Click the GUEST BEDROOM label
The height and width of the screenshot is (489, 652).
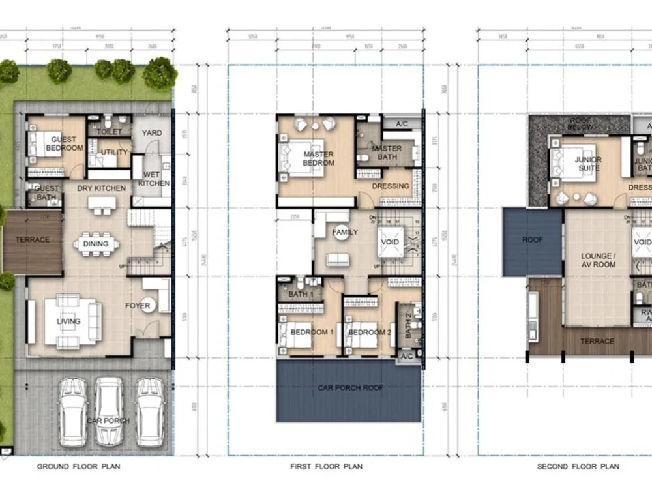click(x=65, y=143)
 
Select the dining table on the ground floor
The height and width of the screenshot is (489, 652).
click(x=96, y=244)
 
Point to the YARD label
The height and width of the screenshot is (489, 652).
click(x=152, y=133)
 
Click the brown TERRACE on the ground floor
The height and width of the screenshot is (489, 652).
click(x=33, y=240)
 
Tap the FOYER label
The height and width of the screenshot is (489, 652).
click(x=138, y=306)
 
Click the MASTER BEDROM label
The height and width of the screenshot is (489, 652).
click(x=319, y=158)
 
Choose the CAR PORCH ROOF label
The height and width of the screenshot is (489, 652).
click(x=350, y=388)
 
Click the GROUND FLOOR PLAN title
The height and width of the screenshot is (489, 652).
click(x=78, y=467)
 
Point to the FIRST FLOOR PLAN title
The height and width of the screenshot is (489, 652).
click(x=326, y=467)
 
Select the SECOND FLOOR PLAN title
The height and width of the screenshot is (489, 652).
click(x=578, y=467)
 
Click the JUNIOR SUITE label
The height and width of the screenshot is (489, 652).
click(x=587, y=164)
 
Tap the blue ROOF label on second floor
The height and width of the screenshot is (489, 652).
click(x=532, y=240)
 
